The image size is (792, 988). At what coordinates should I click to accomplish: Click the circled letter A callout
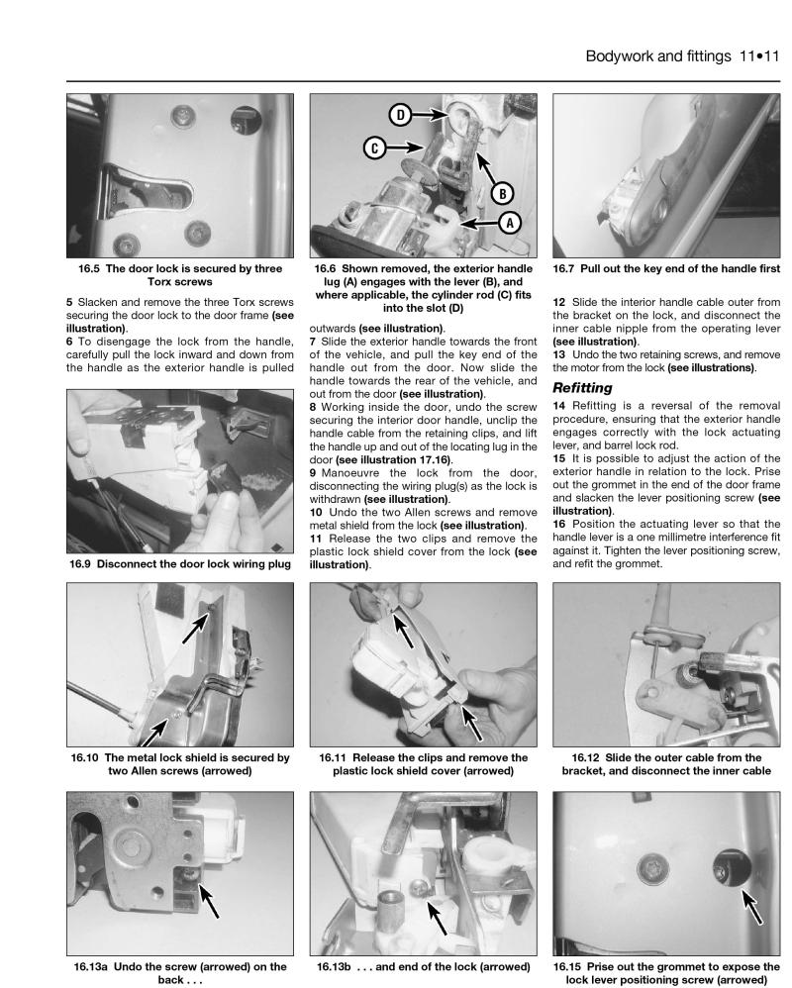click(511, 223)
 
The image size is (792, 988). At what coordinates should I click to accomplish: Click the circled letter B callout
click(502, 193)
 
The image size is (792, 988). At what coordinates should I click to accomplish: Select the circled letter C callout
click(375, 148)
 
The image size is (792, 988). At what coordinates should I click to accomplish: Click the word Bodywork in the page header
click(620, 56)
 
